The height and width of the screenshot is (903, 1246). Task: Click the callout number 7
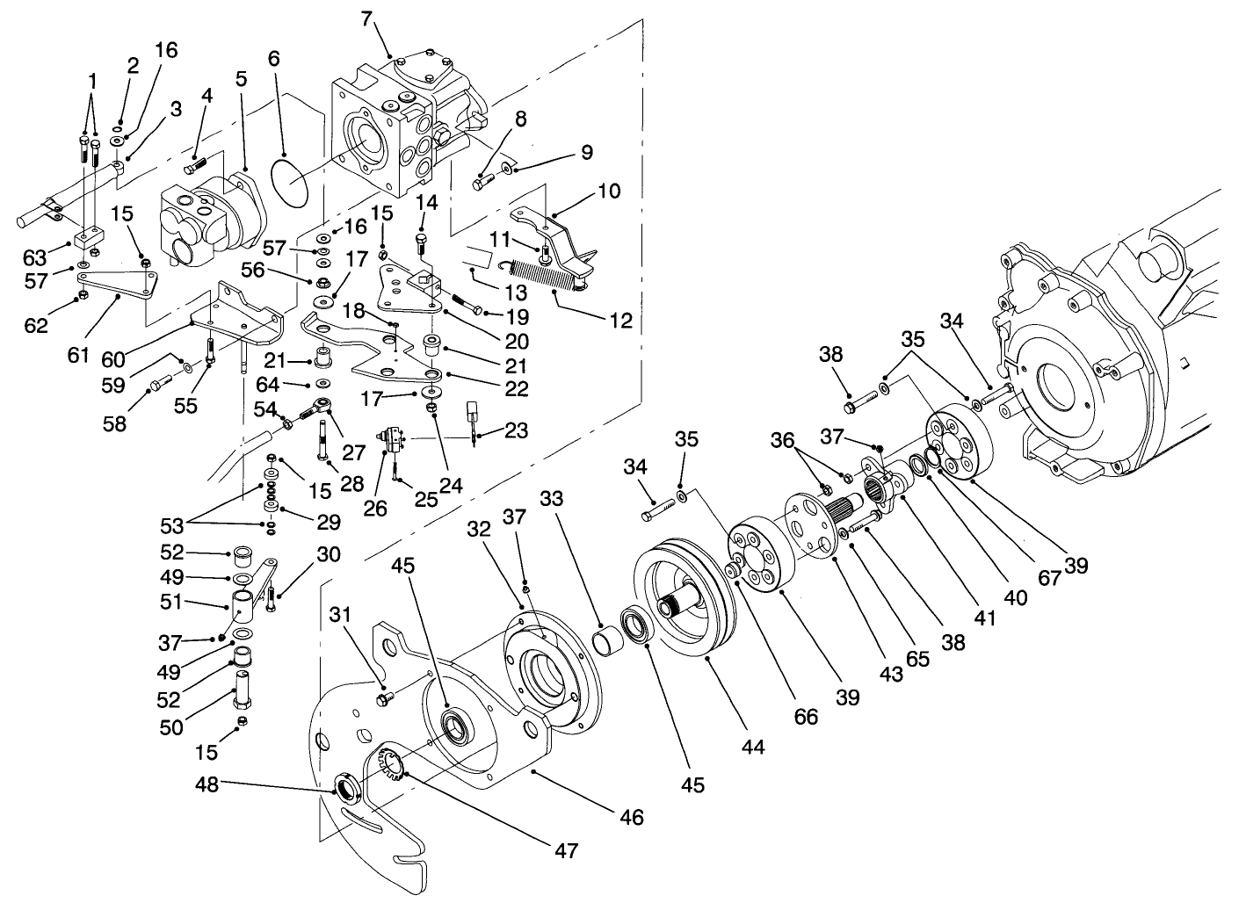click(367, 17)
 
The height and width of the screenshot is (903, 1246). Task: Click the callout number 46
click(632, 818)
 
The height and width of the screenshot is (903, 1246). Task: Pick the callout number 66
click(805, 715)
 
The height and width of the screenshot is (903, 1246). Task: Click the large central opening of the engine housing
click(1067, 386)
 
